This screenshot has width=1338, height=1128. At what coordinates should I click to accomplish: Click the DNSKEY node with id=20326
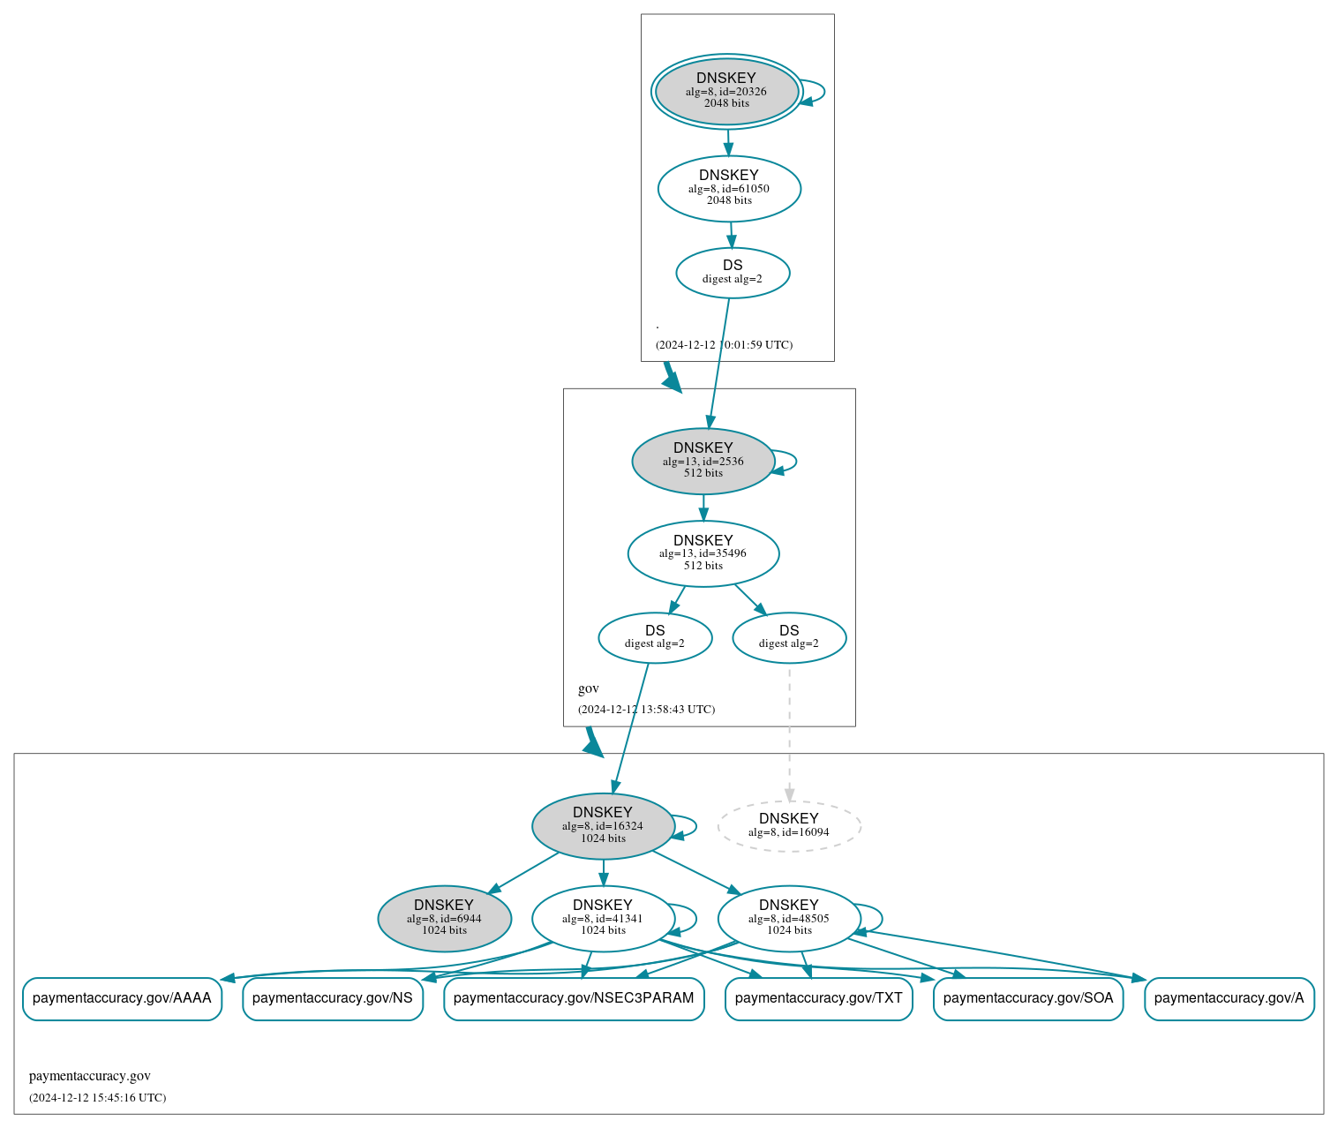pyautogui.click(x=726, y=91)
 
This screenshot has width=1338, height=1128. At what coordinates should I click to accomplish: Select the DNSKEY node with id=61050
pyautogui.click(x=729, y=188)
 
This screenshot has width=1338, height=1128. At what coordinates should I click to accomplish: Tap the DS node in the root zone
pyautogui.click(x=733, y=273)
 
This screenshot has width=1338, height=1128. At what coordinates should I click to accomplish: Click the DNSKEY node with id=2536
pyautogui.click(x=703, y=461)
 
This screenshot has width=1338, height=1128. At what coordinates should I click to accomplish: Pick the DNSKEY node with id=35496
pyautogui.click(x=703, y=553)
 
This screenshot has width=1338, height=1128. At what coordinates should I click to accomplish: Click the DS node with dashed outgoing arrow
pyautogui.click(x=789, y=637)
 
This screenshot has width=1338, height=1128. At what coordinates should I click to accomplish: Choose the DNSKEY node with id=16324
pyautogui.click(x=603, y=826)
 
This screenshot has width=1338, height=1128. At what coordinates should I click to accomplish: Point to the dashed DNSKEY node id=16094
pyautogui.click(x=789, y=826)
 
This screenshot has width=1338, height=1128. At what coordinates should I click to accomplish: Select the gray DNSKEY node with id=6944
pyautogui.click(x=444, y=919)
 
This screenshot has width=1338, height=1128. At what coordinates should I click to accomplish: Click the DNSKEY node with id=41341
pyautogui.click(x=603, y=919)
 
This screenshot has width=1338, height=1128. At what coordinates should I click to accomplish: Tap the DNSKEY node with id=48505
pyautogui.click(x=789, y=919)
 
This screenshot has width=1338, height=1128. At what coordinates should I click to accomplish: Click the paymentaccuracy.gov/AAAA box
pyautogui.click(x=122, y=998)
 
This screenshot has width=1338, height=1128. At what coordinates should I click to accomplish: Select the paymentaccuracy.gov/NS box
pyautogui.click(x=333, y=998)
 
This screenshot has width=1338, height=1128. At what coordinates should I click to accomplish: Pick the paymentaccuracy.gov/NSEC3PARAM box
pyautogui.click(x=574, y=998)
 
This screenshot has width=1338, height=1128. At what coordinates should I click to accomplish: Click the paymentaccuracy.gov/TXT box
pyautogui.click(x=818, y=998)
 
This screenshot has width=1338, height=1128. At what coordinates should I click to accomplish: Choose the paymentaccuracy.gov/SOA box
pyautogui.click(x=1028, y=998)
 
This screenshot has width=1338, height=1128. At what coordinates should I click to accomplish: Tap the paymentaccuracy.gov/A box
pyautogui.click(x=1229, y=998)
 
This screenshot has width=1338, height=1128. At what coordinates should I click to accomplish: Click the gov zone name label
pyautogui.click(x=589, y=688)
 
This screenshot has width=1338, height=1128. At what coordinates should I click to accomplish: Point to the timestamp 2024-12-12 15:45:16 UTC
pyautogui.click(x=97, y=1098)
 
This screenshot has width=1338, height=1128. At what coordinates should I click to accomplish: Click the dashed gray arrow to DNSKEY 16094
pyautogui.click(x=789, y=733)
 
